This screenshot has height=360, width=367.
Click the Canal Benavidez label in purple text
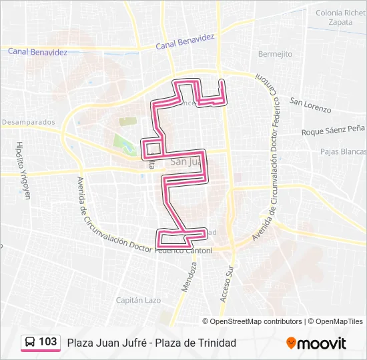point(185,42)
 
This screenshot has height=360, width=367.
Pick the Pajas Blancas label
point(343,151)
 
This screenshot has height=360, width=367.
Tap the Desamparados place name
point(28,123)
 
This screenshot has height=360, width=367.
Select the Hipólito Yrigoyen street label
point(24,171)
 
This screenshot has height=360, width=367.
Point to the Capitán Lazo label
point(139,301)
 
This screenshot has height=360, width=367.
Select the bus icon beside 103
point(30,342)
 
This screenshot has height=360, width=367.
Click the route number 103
point(47,342)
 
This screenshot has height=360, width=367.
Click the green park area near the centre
point(122,143)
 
